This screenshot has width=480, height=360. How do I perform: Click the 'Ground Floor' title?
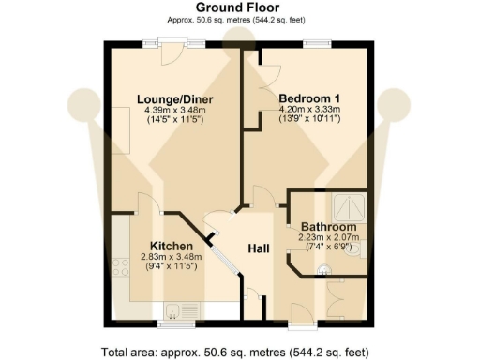pyautogui.click(x=239, y=7)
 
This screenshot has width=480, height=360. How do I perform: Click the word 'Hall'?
pyautogui.click(x=260, y=247)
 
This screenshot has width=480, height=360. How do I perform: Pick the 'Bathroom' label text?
pyautogui.click(x=328, y=228)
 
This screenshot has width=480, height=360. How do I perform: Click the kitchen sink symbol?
pyautogui.click(x=178, y=310)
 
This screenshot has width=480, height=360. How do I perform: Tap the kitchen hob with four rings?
pyautogui.click(x=121, y=270)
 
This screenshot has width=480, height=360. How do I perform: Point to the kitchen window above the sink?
pyautogui.click(x=173, y=322)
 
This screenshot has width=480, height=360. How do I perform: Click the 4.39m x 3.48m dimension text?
pyautogui.click(x=174, y=111)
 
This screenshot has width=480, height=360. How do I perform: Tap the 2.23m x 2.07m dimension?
pyautogui.click(x=327, y=239)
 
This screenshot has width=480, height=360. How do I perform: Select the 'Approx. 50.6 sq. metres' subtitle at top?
pyautogui.click(x=239, y=21)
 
